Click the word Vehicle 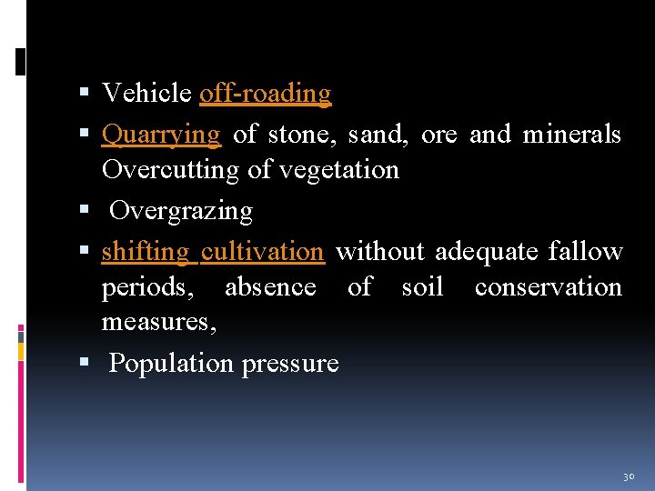pos(146,94)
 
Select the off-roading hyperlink pos(265,94)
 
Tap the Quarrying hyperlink pos(161,135)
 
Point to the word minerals pos(571,135)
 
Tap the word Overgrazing pos(180,211)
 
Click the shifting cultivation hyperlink pos(213,252)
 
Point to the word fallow pos(585,252)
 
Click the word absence pos(270,287)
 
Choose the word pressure pos(290,365)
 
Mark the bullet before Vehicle pos(85,94)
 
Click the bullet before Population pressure pos(85,364)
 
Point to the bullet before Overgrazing pos(85,211)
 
